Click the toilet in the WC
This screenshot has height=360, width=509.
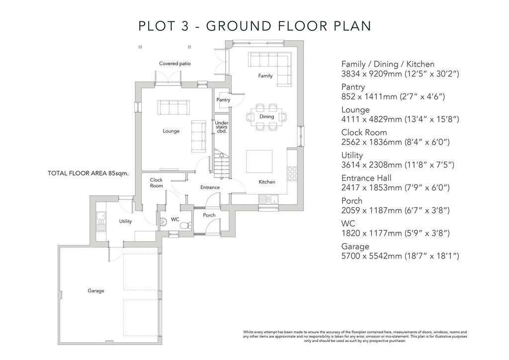click(x=186, y=225)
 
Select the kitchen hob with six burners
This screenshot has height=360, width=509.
click(x=292, y=174)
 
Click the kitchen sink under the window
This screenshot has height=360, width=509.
click(x=268, y=198)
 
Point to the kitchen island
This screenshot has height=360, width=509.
click(x=259, y=161)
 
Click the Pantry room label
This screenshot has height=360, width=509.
click(x=223, y=99)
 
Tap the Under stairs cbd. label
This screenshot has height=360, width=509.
click(x=222, y=127)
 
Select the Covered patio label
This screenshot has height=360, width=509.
click(x=174, y=63)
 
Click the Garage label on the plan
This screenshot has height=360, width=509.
click(x=96, y=290)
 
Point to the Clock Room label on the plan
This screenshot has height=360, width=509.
click(x=156, y=183)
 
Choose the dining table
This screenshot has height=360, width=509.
click(x=266, y=117)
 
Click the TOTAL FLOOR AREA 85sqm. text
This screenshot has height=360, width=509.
click(x=88, y=174)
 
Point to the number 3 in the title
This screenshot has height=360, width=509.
click(x=185, y=26)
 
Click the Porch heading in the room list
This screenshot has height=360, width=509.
click(x=351, y=200)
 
